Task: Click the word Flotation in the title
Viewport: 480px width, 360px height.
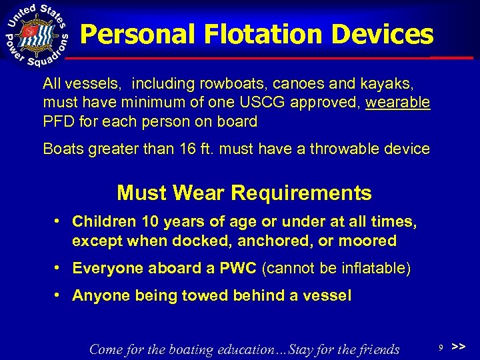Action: (x=246, y=34)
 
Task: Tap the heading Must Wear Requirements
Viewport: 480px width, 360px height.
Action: (x=244, y=193)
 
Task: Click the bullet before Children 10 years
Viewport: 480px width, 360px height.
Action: (x=60, y=221)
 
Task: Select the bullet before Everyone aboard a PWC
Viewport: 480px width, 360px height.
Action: (x=60, y=268)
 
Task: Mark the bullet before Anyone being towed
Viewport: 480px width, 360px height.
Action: (x=60, y=295)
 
